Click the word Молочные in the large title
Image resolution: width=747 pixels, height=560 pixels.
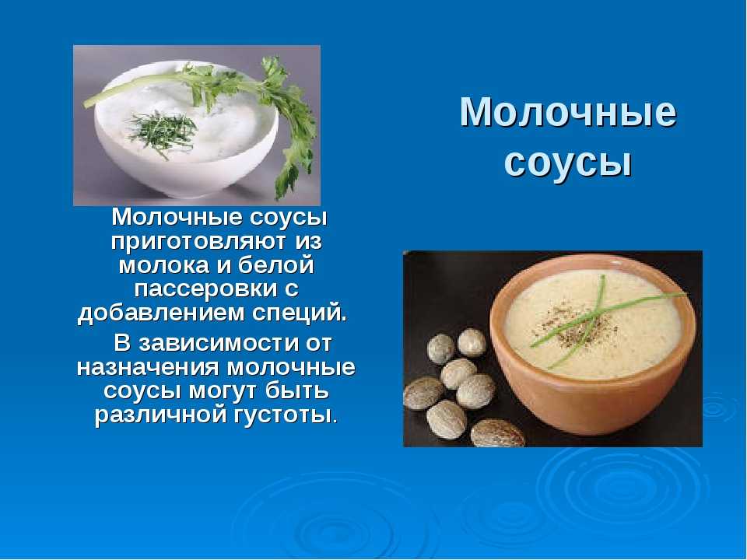tap(568, 112)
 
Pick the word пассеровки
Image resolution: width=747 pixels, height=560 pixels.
tap(205, 289)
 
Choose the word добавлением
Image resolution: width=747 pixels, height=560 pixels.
tap(161, 313)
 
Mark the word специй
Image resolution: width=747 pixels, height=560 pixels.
tap(299, 313)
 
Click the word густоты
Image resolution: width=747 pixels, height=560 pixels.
tap(286, 415)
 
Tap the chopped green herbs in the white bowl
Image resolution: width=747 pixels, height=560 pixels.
tap(162, 130)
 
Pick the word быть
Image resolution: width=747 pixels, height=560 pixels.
tap(297, 390)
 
